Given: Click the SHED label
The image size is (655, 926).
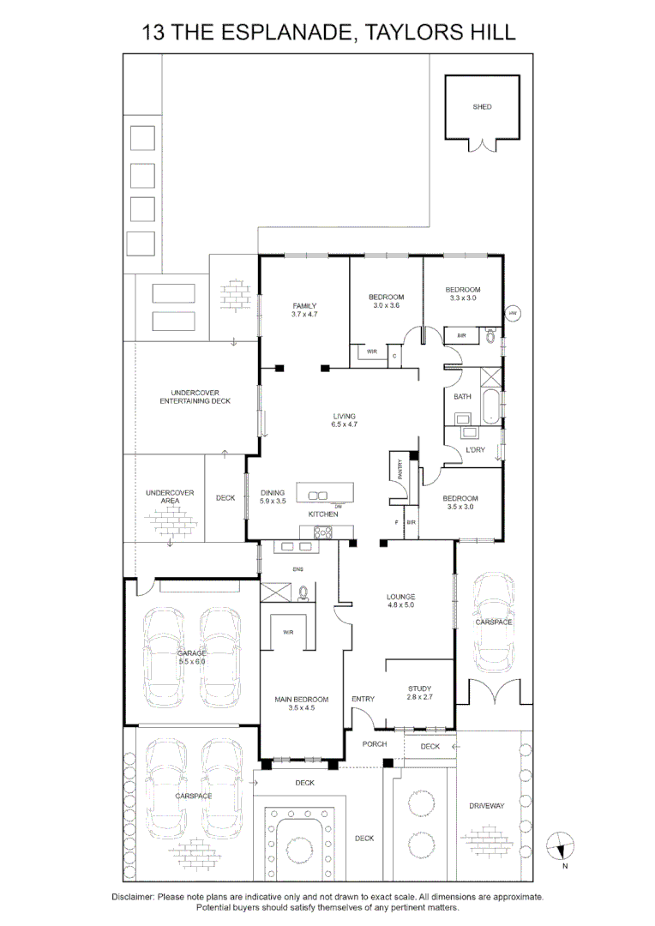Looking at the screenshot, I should (x=482, y=107).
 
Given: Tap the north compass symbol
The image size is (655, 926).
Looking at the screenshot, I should (x=562, y=845).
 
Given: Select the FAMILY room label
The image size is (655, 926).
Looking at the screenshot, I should (x=304, y=306).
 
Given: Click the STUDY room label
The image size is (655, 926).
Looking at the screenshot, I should (x=419, y=688).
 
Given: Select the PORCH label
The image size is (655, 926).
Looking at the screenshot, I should (x=374, y=744).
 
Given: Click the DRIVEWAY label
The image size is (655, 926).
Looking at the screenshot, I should (x=486, y=806).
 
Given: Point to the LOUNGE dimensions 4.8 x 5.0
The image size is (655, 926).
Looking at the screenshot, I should (x=400, y=605).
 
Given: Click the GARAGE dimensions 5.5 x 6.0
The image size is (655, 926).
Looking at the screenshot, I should (x=191, y=661).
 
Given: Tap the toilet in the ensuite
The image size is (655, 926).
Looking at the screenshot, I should (x=303, y=592).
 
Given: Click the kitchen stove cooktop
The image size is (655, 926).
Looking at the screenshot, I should (x=324, y=532).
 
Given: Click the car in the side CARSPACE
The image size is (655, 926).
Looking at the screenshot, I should (x=494, y=622).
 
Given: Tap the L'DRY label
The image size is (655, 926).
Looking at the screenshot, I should (x=475, y=450).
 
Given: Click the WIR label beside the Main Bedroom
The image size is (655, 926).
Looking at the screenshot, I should (x=288, y=634).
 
